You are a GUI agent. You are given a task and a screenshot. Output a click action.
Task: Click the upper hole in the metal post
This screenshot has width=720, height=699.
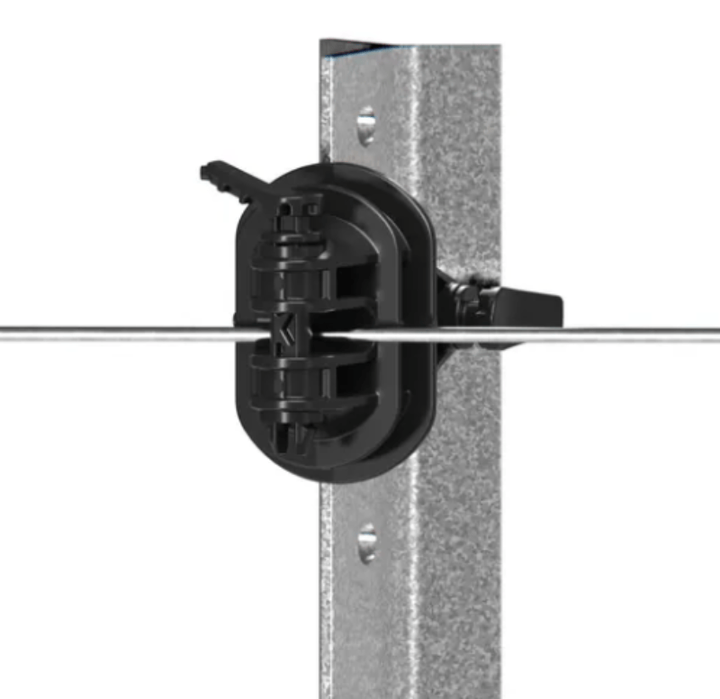tap(365, 125)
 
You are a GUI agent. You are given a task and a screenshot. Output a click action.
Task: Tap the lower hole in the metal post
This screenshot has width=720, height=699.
tap(366, 542)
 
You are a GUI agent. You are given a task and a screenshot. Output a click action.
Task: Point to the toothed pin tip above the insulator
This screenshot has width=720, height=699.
tap(216, 171)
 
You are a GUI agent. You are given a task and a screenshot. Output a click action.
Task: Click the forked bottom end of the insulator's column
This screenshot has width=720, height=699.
tap(289, 441)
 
